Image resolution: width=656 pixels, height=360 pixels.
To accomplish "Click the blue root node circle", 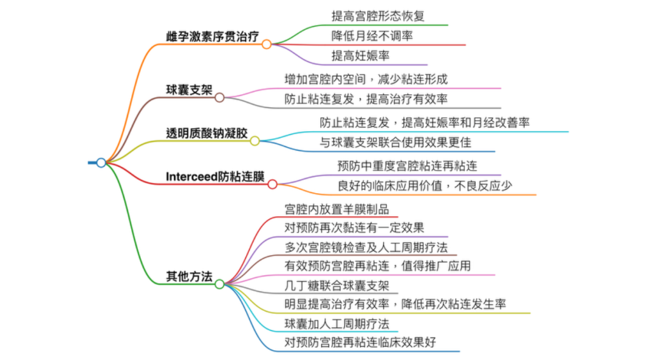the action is click(101, 163).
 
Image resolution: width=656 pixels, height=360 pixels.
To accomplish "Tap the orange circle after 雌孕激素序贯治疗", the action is click(267, 44).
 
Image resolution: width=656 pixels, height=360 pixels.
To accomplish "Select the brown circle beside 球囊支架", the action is click(220, 98).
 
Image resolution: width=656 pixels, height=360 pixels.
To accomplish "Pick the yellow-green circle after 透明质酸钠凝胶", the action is click(255, 141).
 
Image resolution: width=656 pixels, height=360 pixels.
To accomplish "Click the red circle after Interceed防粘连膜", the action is click(272, 185).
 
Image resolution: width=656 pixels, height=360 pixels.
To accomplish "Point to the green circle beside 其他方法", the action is click(220, 284).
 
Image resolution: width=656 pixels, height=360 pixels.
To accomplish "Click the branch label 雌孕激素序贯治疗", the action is click(213, 36).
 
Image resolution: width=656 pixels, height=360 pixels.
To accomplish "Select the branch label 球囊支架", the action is click(190, 90).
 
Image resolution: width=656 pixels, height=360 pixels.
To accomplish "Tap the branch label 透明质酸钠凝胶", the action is click(207, 134).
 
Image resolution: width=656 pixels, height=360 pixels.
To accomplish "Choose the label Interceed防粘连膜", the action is click(215, 177).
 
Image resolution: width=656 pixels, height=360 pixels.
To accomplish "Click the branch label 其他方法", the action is click(190, 276).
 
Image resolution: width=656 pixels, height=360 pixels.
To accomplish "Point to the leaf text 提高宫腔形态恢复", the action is click(378, 16).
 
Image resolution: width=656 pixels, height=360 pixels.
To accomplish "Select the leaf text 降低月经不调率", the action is click(372, 36).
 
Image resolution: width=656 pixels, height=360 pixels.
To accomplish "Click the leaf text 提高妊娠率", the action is click(360, 56).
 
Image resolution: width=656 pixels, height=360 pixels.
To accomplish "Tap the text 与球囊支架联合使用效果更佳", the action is click(395, 143).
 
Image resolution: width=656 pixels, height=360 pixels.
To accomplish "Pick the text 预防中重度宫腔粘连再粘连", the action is click(407, 166).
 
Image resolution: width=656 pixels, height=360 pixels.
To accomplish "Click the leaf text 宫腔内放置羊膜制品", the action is click(337, 209).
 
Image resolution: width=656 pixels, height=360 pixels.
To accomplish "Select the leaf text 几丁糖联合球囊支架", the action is click(337, 286).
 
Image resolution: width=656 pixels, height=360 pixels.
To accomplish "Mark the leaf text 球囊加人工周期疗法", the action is click(337, 324).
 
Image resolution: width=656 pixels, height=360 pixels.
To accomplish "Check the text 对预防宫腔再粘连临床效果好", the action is click(360, 342).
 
